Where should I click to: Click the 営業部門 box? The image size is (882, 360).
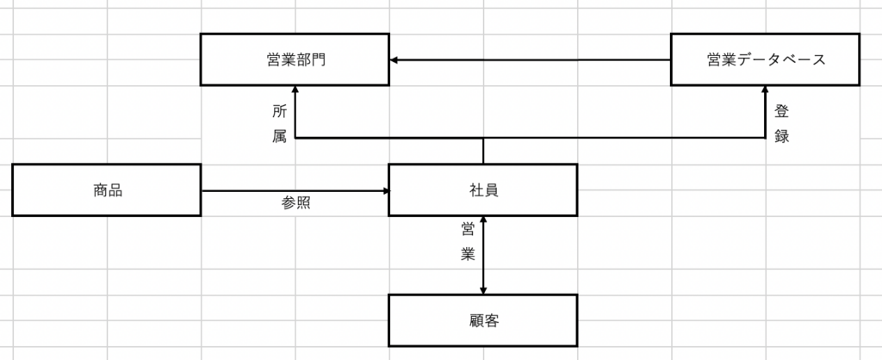tap(295, 59)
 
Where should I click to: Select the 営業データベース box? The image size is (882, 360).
tap(765, 59)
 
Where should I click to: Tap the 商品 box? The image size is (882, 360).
tap(107, 190)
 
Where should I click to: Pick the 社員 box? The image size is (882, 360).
tap(482, 190)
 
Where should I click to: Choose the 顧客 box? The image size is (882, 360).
tap(482, 320)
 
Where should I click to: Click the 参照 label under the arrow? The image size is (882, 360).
tap(295, 204)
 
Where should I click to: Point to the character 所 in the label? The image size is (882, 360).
tap(279, 111)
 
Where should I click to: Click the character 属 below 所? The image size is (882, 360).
tap(279, 136)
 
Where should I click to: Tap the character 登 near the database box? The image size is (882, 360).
tap(781, 111)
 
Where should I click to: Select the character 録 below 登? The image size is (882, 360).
tap(781, 136)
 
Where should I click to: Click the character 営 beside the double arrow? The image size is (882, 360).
tap(468, 229)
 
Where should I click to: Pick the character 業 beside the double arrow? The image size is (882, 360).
tap(468, 254)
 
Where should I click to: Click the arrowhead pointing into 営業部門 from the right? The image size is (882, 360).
tap(394, 59)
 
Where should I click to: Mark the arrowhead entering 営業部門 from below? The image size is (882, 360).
tap(295, 90)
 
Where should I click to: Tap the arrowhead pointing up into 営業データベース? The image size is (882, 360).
tap(766, 90)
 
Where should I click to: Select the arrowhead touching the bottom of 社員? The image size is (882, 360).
tap(482, 221)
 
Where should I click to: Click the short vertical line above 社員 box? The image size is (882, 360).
tap(482, 151)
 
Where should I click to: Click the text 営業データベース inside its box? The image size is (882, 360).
tap(765, 59)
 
